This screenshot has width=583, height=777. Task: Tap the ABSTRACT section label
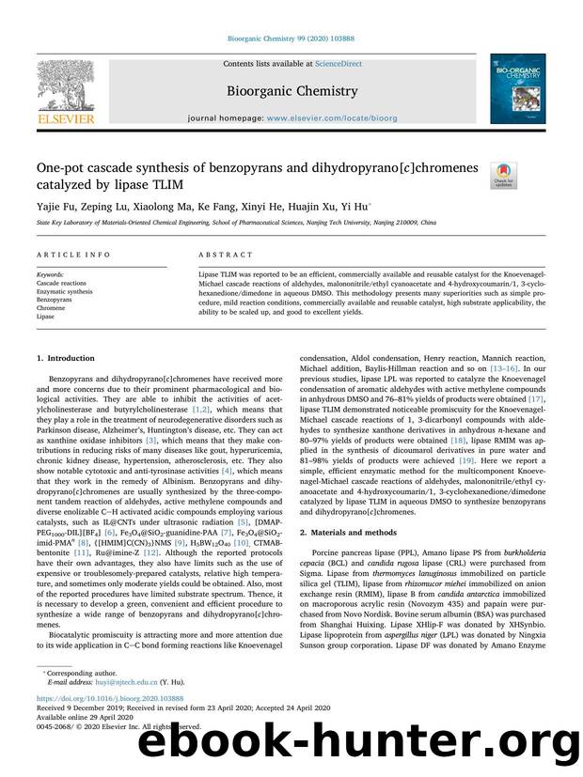point(226,256)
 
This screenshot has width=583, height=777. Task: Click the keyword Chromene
point(52,307)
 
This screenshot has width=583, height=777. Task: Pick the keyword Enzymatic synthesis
point(64,290)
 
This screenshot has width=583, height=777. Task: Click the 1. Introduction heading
point(65,358)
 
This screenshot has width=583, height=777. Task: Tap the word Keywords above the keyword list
point(50,274)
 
